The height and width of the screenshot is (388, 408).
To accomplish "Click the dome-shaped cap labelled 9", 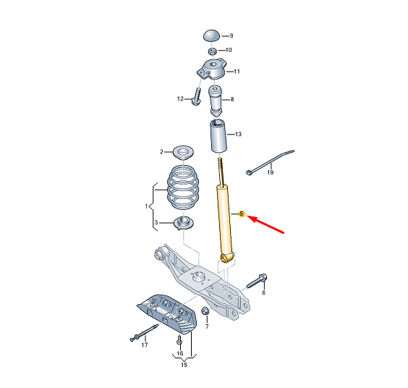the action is (211, 35).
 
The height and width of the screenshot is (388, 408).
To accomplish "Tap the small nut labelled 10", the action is (213, 51).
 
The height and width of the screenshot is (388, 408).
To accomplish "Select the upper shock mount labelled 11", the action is (211, 69).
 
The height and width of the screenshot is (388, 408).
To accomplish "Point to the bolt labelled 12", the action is (197, 96).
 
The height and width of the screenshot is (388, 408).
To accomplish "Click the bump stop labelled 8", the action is (216, 101).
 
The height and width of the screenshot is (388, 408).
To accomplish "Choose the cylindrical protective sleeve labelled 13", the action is (218, 135).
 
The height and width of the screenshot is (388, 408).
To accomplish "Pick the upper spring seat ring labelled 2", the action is (184, 152).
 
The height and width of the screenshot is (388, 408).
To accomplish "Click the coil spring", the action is (183, 187).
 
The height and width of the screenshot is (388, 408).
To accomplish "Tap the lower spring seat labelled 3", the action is (184, 223).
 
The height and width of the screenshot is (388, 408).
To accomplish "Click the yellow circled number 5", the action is (242, 214).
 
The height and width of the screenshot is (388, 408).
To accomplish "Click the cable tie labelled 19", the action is (270, 161).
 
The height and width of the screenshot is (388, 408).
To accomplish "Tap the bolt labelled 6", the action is (257, 282).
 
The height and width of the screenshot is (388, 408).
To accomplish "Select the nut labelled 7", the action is (205, 311).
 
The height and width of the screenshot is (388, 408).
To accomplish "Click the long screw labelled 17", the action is (145, 332).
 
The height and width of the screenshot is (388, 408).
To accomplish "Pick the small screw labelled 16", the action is (179, 339).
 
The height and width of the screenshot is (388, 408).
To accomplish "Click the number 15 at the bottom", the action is (184, 365).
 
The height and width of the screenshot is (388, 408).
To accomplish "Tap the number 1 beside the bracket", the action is (147, 206).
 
